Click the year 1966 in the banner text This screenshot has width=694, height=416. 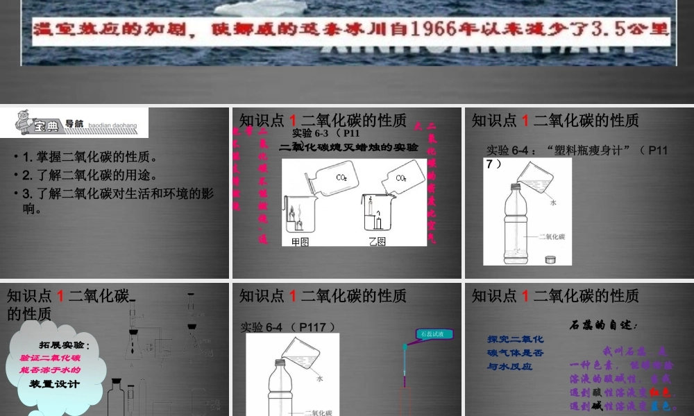coord(435,30)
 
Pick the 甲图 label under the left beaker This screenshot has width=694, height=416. coord(300,241)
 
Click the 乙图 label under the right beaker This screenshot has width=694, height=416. coord(378,241)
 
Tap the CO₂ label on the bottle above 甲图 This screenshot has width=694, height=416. coord(341,177)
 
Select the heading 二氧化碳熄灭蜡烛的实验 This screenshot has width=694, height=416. coord(348,147)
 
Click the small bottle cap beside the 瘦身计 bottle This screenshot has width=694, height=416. coord(552,259)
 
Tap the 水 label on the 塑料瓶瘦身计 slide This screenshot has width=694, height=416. coord(553,202)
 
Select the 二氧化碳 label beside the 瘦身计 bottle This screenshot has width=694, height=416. coord(552,236)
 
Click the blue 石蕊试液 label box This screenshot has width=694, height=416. coord(435,334)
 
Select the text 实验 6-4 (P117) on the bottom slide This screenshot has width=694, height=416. coord(288,326)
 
